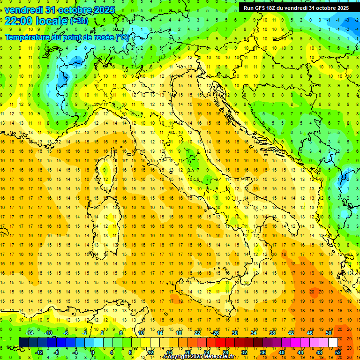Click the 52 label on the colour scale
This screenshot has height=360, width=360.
tap(338, 352)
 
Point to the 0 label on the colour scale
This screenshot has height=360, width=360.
tap(93, 352)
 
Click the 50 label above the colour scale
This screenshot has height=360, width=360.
tap(328, 332)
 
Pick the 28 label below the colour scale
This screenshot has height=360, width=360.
tap(225, 352)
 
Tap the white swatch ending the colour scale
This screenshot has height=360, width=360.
tap(333, 342)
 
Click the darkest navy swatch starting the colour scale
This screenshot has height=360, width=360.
tap(23, 342)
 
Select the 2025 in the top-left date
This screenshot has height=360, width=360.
tap(100, 10)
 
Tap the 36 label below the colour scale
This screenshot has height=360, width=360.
tap(263, 352)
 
